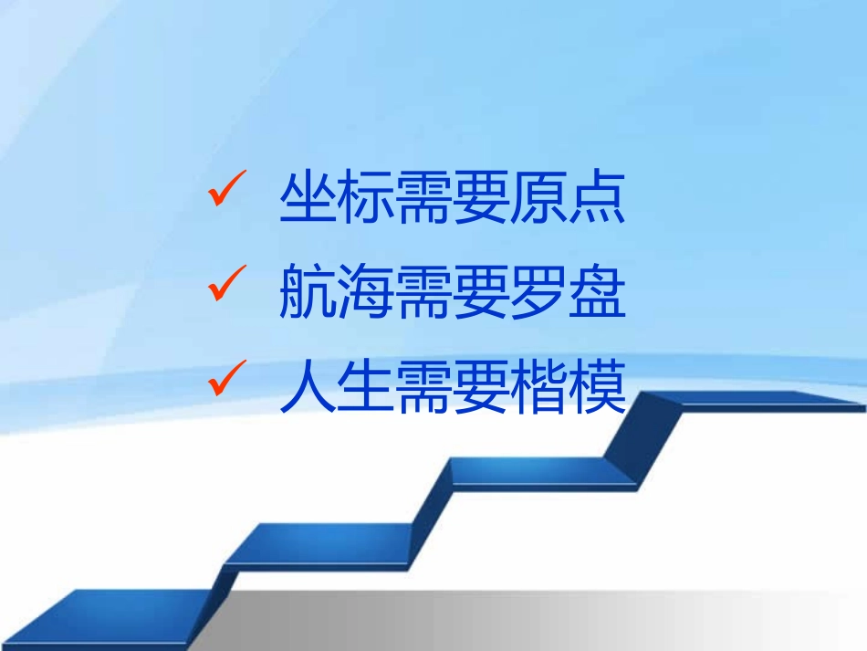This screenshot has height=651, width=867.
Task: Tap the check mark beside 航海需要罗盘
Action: (x=224, y=286)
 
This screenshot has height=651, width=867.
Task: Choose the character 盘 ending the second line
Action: (x=597, y=291)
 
